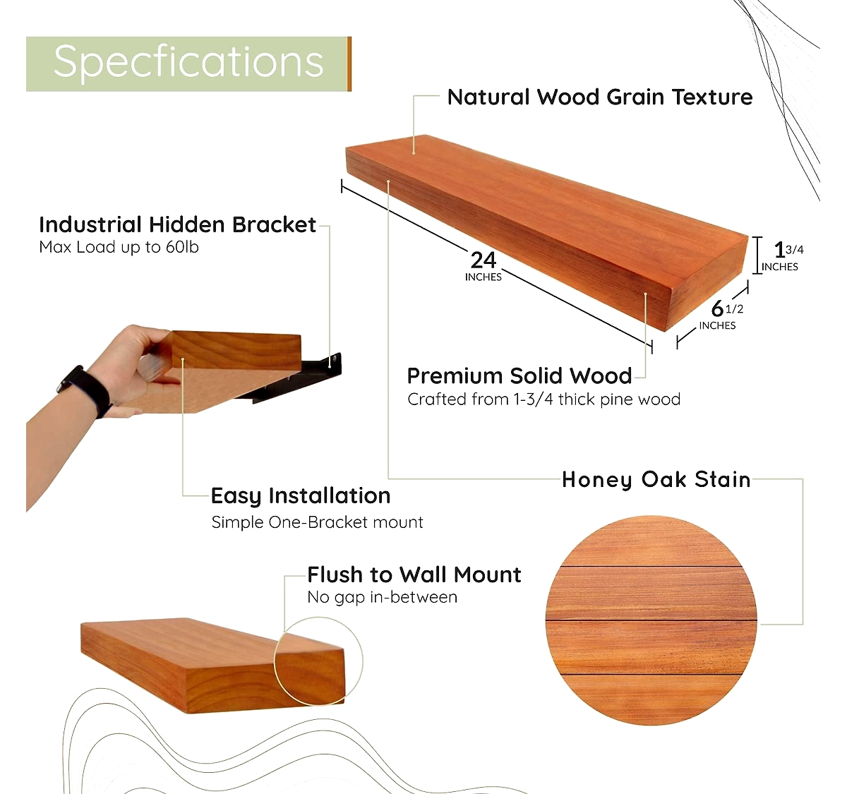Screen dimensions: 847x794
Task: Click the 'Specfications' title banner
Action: tap(188, 64)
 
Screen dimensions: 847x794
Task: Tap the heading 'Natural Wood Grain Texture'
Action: tap(600, 97)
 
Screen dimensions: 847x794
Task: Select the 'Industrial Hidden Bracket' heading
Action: tap(177, 224)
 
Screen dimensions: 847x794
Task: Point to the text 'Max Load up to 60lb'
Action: tap(119, 247)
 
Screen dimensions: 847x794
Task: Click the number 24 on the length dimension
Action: tap(483, 260)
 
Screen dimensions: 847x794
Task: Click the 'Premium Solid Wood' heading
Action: tap(519, 376)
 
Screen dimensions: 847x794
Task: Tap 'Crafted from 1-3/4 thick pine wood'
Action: tap(543, 399)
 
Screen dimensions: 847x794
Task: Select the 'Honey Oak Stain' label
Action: tap(656, 479)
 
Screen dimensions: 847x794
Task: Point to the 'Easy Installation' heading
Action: tap(301, 495)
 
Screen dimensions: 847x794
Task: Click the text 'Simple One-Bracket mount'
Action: tap(318, 522)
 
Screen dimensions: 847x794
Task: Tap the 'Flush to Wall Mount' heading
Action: tap(414, 575)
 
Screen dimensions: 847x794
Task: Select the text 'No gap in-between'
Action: tap(382, 597)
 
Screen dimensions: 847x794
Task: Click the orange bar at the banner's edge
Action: tap(349, 64)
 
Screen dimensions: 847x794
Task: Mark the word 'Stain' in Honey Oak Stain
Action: tap(723, 479)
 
